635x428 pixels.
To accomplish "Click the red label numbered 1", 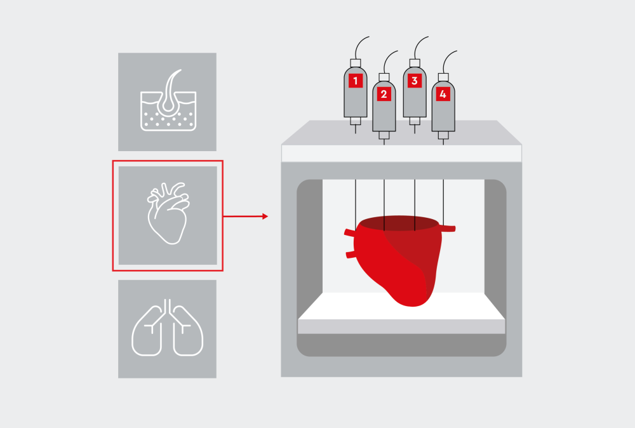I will point(356,81).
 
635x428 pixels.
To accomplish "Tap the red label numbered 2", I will point(384,95).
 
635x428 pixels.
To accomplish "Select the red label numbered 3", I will point(415,81).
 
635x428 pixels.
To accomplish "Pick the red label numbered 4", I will point(443,95).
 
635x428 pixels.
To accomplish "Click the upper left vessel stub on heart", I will point(350,233).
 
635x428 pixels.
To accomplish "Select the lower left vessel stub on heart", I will point(350,255).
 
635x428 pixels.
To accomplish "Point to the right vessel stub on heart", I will point(448,228).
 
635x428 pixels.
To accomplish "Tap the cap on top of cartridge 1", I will point(356,62).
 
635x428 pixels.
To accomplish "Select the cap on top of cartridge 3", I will point(415,62).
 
